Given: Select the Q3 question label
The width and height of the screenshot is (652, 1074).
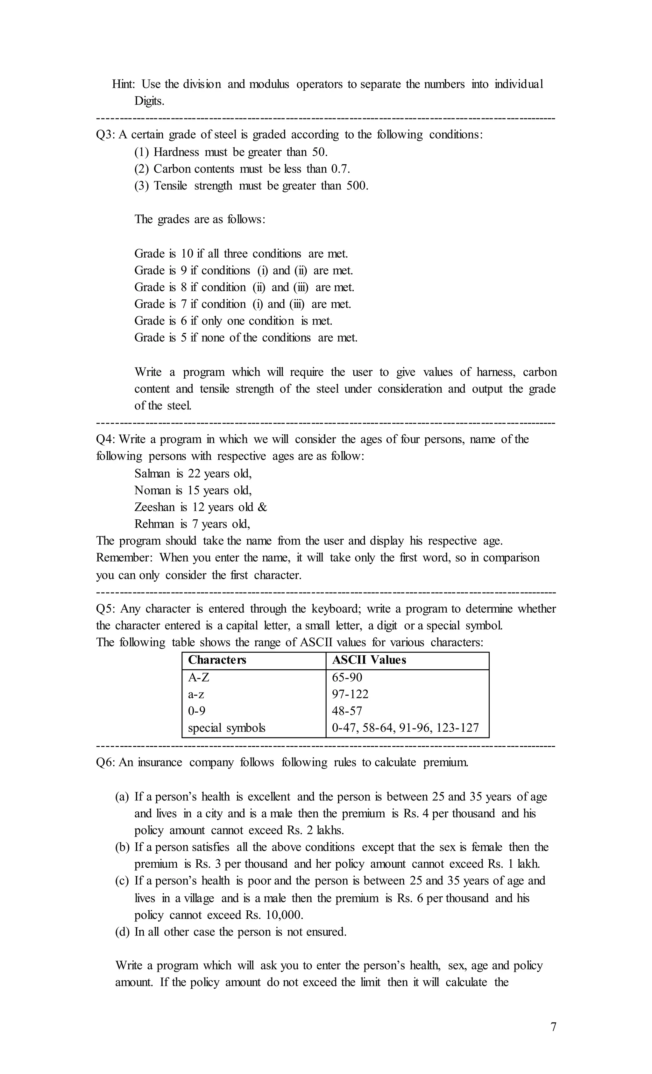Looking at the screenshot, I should click(x=105, y=135).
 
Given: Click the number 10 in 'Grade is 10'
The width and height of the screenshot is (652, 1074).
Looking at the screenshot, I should click(x=187, y=254).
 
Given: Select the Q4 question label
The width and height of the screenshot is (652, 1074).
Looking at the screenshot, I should click(x=105, y=439).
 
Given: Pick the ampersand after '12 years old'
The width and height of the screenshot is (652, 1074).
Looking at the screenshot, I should click(x=262, y=507).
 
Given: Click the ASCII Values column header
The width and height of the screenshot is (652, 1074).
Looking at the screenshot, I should click(x=369, y=660).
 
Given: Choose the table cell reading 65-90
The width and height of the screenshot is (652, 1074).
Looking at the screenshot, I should click(x=347, y=677).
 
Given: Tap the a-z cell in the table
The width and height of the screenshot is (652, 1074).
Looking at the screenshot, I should click(x=196, y=694).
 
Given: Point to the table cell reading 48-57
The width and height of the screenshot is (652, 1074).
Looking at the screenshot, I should click(x=347, y=711).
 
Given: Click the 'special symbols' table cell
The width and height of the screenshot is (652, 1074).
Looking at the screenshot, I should click(x=226, y=728).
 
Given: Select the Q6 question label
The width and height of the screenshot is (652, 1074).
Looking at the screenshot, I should click(x=105, y=762).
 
